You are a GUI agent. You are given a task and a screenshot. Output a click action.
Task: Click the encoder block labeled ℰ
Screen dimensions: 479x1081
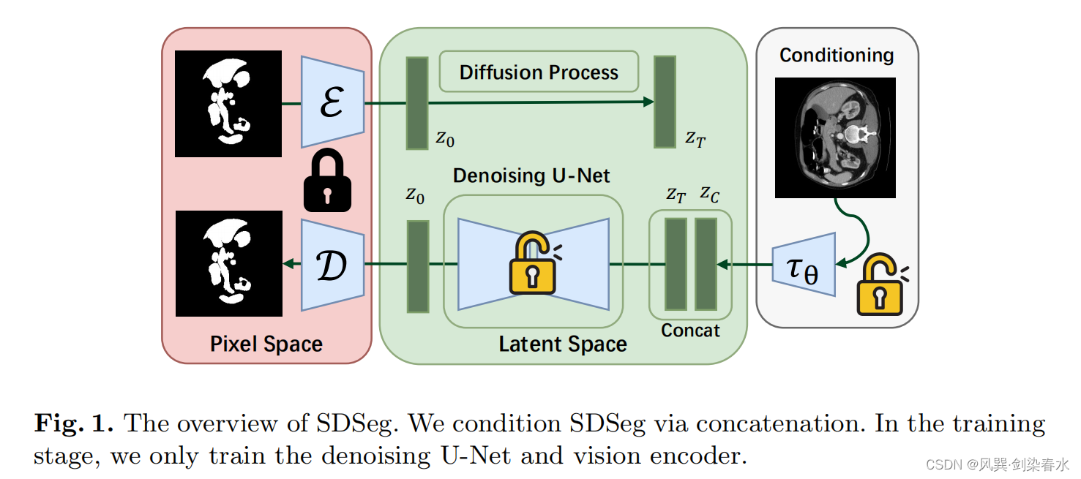(333, 102)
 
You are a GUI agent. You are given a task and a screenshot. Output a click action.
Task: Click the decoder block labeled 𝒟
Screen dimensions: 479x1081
(333, 265)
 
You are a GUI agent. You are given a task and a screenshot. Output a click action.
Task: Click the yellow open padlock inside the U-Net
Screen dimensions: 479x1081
(532, 263)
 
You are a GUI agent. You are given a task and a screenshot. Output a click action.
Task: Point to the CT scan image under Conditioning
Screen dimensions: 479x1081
(835, 137)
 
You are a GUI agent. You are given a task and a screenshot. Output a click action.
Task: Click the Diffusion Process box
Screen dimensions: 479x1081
(539, 72)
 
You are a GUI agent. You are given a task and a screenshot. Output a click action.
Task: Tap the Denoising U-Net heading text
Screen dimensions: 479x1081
(531, 176)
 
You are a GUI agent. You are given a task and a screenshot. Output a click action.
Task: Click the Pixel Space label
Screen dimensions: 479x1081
(266, 344)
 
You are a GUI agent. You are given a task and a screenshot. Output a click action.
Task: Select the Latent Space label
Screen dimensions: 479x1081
(563, 344)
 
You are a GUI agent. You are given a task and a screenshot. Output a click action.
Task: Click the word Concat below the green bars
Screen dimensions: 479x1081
(690, 331)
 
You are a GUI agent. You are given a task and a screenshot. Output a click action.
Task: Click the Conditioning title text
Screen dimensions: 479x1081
(836, 56)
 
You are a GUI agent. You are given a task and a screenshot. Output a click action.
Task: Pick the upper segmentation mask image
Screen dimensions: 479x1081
(228, 103)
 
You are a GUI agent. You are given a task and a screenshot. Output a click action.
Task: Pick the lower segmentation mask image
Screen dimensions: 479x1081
(228, 263)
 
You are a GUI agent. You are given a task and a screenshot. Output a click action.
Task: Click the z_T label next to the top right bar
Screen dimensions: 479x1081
(695, 137)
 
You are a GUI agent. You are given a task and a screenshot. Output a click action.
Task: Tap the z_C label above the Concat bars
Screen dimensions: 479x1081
(709, 194)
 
